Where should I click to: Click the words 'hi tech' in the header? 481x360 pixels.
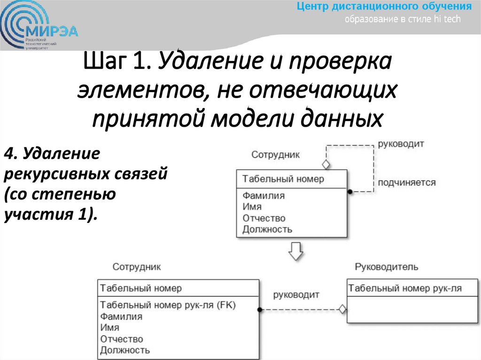click(x=448, y=19)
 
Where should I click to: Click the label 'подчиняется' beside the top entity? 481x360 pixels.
click(x=407, y=183)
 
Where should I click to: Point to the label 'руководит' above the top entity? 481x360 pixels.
click(x=401, y=144)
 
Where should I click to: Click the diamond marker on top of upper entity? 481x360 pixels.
click(x=325, y=165)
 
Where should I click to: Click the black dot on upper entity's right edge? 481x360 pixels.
click(x=349, y=191)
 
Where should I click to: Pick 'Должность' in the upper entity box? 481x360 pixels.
click(x=267, y=230)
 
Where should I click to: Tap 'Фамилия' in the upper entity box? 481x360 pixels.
click(x=264, y=196)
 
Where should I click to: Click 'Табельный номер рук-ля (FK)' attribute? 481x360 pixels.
click(x=168, y=305)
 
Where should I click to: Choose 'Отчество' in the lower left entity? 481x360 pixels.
click(x=122, y=339)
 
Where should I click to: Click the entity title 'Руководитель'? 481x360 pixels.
click(x=386, y=267)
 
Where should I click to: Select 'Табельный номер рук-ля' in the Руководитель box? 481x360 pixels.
click(x=405, y=288)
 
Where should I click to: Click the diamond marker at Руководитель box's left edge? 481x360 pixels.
click(x=342, y=309)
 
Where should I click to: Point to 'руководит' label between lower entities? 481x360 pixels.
click(x=296, y=295)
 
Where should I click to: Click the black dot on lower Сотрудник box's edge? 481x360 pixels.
click(x=260, y=309)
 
